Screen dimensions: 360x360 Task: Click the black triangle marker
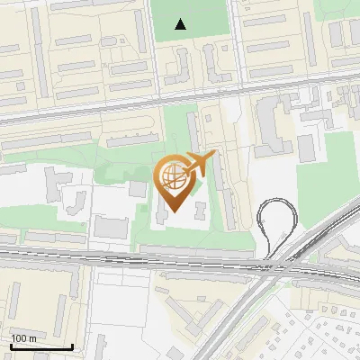coord(182,24)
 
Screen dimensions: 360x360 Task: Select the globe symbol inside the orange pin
coord(174,177)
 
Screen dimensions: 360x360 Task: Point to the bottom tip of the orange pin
coord(174,211)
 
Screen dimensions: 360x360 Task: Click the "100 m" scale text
coord(23,338)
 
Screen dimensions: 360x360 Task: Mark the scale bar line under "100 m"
coord(41,346)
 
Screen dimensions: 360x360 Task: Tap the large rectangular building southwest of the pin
coord(111,227)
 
